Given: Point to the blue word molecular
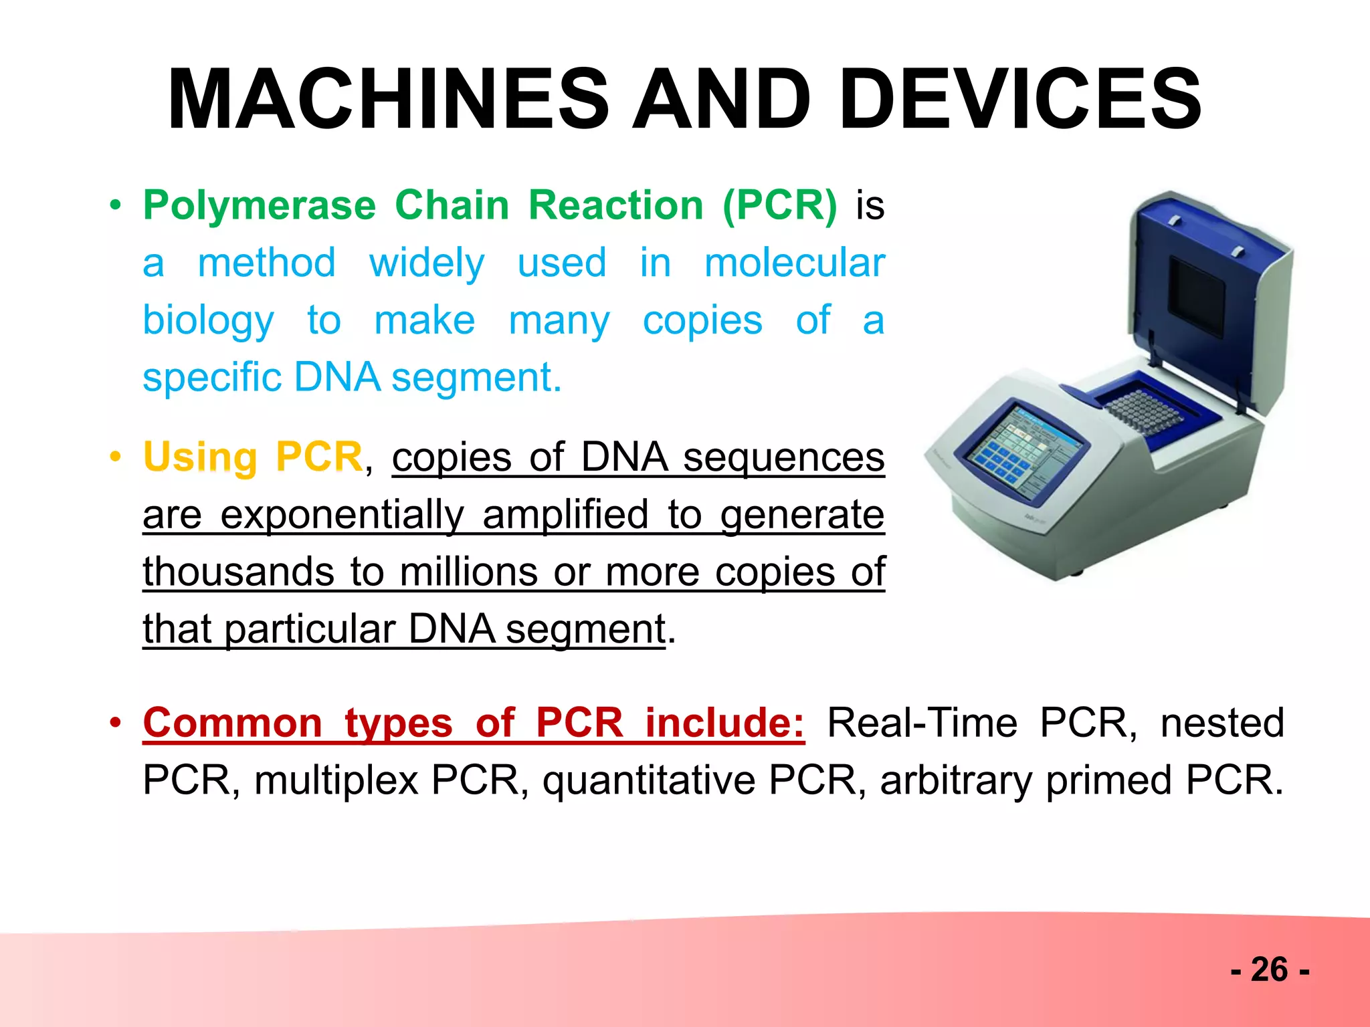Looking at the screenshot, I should point(794,262).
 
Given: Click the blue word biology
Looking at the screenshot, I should point(208,320).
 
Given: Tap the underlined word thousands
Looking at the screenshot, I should point(238,572).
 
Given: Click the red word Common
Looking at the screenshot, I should point(233,723).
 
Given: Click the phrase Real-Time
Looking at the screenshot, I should point(922,723).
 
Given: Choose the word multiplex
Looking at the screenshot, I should point(336,780).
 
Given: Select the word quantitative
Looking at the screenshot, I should point(648,780).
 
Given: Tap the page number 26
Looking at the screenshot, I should point(1269,969).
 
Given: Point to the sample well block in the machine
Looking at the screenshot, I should point(1145,410).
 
